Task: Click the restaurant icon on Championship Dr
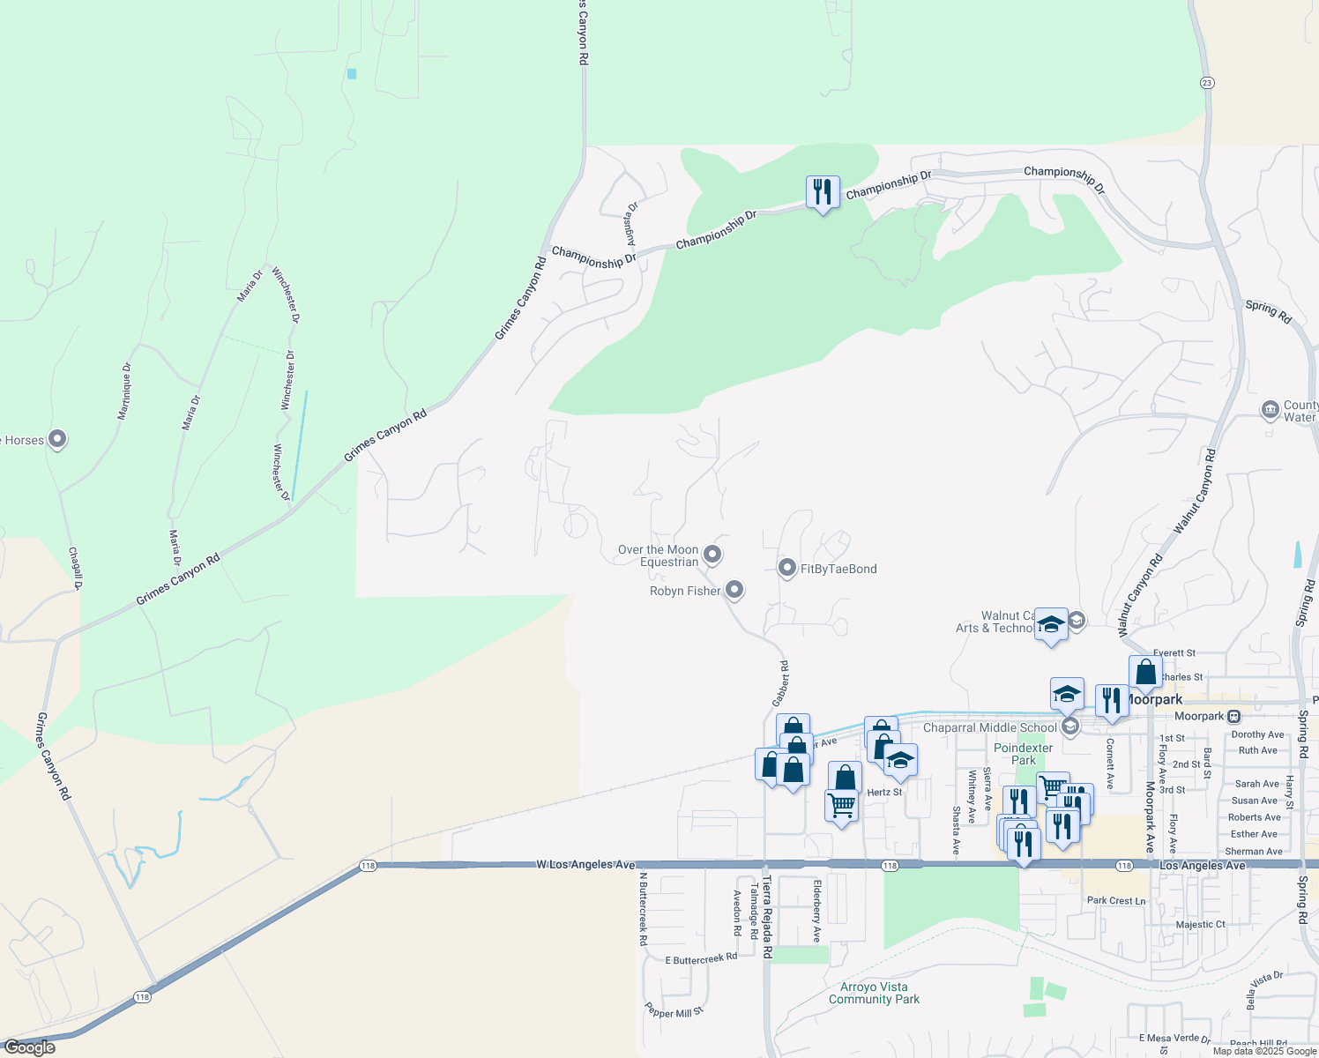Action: point(822,191)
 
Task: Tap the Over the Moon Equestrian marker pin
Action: point(712,555)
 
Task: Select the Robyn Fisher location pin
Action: point(734,591)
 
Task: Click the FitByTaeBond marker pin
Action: point(787,569)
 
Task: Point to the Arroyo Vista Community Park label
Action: point(874,994)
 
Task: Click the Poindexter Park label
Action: point(1023,754)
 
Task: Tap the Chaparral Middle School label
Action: point(989,727)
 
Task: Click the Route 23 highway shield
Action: point(1207,83)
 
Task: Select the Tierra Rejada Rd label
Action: point(767,917)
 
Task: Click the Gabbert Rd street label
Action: point(780,683)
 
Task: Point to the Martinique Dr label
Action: point(126,391)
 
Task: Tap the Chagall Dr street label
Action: point(75,569)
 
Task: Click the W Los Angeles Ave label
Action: point(585,865)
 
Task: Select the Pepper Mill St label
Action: point(674,1011)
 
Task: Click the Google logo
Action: point(29,1047)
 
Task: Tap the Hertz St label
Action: point(884,793)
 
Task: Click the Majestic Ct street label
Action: point(1200,925)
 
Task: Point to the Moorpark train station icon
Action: point(1233,717)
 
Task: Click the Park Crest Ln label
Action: point(1116,901)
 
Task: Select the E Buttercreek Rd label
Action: point(701,958)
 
